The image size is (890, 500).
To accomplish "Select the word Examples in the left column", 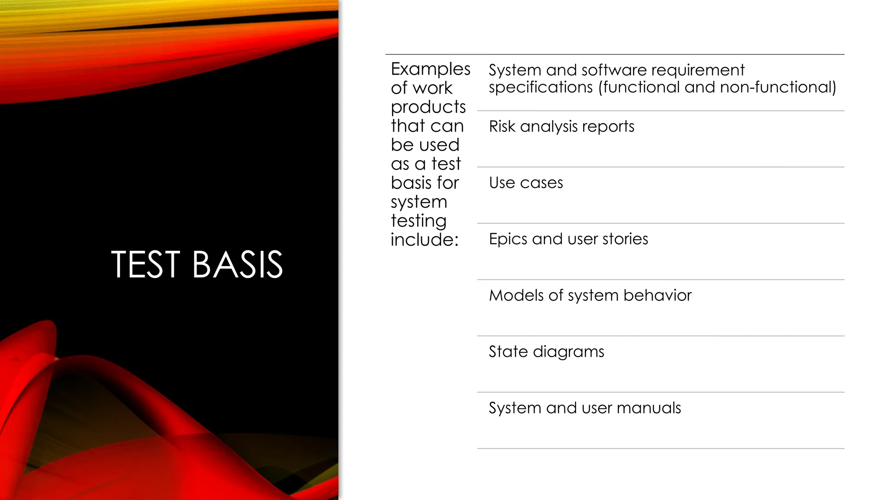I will pos(430,69).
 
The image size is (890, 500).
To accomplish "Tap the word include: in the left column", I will pos(425,240).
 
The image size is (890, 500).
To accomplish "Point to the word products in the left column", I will pos(428,107).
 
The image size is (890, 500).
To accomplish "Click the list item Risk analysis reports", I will pos(561,126).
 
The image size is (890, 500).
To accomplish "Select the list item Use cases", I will pos(526,183).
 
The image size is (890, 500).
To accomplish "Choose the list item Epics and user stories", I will pos(568,239).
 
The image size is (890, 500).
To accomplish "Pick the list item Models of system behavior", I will pos(590,296).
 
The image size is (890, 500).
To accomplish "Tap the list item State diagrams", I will pos(546,352).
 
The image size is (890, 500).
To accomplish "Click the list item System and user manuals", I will pos(584,408).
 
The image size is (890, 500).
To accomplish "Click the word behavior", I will pos(657,296).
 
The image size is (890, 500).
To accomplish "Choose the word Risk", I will pos(502,126).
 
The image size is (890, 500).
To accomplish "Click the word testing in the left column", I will pos(418,221).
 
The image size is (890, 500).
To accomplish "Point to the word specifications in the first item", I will pos(541,87).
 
